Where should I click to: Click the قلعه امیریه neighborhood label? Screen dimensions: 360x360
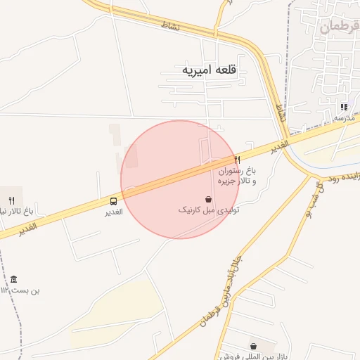click(x=209, y=70)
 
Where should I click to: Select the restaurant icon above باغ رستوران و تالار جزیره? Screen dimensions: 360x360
click(x=237, y=160)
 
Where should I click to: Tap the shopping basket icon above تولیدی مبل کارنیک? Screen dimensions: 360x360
click(x=208, y=199)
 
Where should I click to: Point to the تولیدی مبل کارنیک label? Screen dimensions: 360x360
click(x=208, y=210)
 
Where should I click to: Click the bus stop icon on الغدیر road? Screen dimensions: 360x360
click(x=114, y=201)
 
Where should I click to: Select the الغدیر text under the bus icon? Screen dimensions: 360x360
click(x=114, y=212)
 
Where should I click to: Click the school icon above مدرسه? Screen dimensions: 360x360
click(x=344, y=107)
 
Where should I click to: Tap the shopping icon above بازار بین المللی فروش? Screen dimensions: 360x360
click(x=253, y=346)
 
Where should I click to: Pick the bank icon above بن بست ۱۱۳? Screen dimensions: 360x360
click(x=14, y=279)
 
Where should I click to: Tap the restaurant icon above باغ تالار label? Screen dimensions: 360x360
click(x=11, y=200)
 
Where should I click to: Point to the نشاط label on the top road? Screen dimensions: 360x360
click(x=171, y=26)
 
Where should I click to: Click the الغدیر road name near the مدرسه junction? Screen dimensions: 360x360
click(x=280, y=146)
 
